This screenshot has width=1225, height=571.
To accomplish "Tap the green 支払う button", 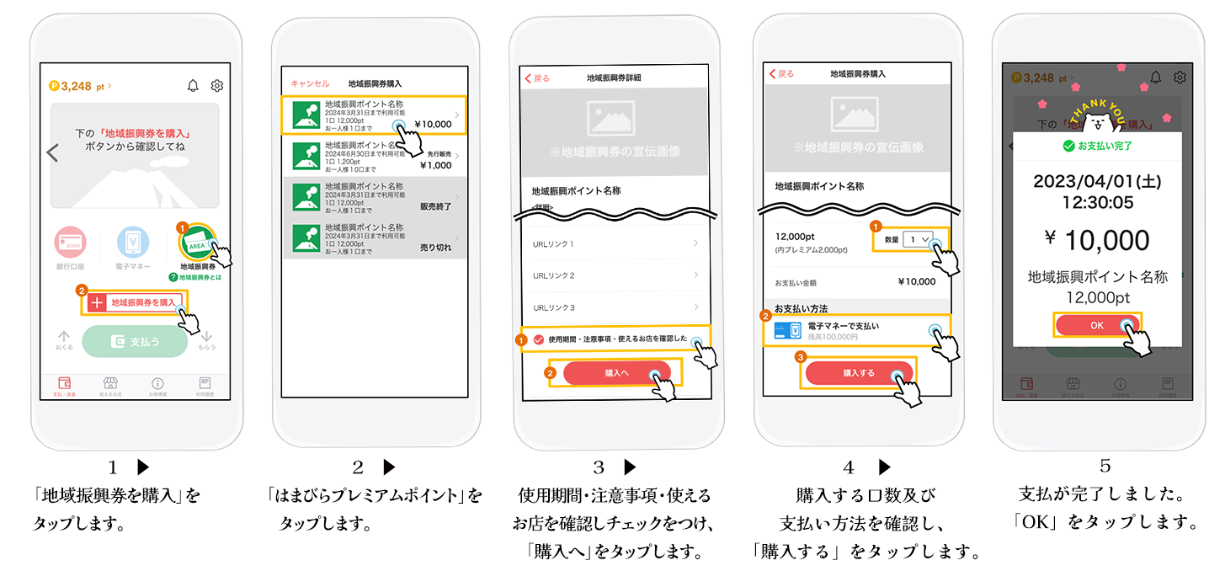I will tap(135, 342).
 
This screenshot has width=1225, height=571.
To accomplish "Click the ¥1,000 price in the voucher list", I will tap(436, 165).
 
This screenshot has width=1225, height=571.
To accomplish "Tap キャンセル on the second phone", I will tap(310, 83).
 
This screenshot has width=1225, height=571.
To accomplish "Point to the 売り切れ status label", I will tap(436, 248).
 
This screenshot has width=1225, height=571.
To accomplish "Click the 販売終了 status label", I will tap(436, 205).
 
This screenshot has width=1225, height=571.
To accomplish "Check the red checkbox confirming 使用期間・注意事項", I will tap(539, 339).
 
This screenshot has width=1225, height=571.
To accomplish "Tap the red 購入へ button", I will tap(617, 373).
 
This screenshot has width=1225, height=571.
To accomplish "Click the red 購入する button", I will tap(859, 373).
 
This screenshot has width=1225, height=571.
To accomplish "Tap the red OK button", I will tap(1096, 325).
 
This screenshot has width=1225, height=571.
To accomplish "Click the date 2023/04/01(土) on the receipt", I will tap(1095, 181).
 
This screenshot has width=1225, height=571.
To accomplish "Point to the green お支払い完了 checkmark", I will tap(1069, 146).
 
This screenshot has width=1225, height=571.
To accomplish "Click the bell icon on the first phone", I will tap(193, 85).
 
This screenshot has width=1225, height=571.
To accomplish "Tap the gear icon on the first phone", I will tap(217, 85).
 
